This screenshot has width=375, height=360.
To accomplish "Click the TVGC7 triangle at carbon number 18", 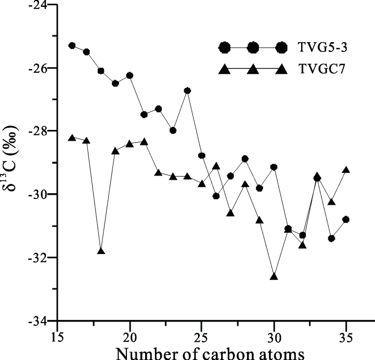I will point(101,251).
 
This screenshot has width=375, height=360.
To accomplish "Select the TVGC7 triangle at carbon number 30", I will point(274,276).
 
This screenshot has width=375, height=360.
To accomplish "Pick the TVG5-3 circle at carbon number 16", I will point(72,46).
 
